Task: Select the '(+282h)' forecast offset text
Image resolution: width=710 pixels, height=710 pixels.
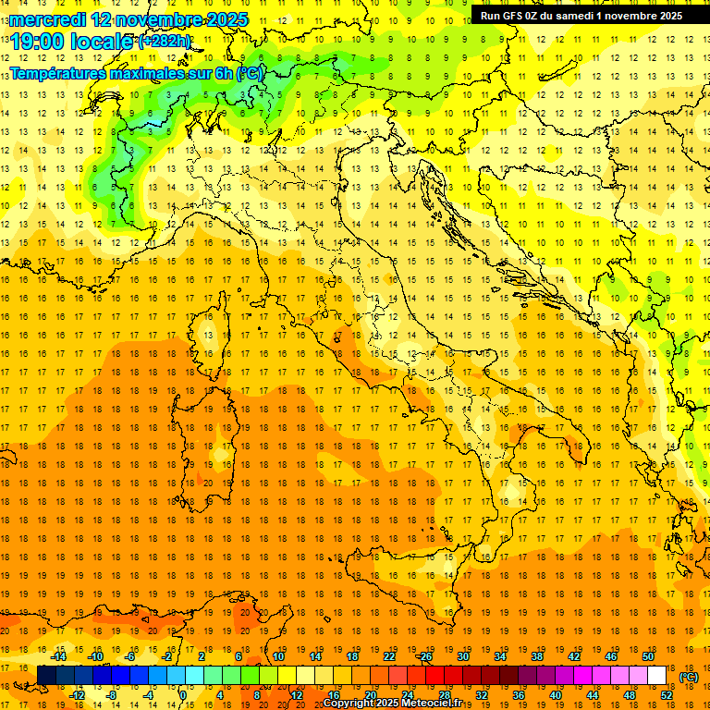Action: coord(165,42)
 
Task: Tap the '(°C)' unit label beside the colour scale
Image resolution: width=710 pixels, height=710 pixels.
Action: coord(688,677)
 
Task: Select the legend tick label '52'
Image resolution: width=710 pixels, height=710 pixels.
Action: coord(667,695)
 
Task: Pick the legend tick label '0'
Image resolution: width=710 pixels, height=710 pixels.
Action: coord(183,695)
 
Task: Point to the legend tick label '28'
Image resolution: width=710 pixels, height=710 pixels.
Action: coord(444,695)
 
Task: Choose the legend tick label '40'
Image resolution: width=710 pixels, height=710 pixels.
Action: coord(556,695)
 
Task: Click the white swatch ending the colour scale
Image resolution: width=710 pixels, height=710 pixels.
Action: coord(657,676)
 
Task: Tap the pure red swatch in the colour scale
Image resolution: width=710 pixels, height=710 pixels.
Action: coord(435,676)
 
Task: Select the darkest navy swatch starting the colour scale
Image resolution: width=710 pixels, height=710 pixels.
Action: coord(46,676)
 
